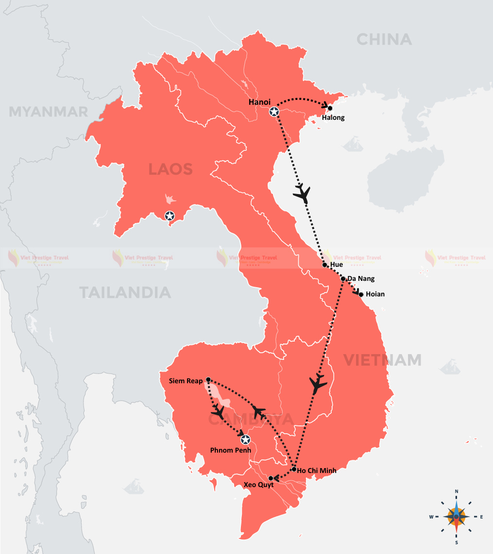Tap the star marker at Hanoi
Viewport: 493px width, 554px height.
tap(274, 112)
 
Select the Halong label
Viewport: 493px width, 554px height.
tap(334, 117)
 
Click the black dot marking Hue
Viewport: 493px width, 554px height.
tap(325, 265)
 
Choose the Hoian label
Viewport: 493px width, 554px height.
tap(375, 294)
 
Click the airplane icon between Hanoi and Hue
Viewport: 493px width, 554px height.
tap(302, 193)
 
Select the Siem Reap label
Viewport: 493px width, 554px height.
tap(187, 381)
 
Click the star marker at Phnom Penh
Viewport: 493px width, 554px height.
tap(246, 440)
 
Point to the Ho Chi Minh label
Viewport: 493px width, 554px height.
tap(317, 470)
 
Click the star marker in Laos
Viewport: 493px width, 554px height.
tap(170, 216)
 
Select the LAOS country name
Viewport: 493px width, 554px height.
tap(170, 169)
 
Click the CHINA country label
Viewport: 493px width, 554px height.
tap(384, 39)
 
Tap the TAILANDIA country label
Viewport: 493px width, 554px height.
tap(125, 293)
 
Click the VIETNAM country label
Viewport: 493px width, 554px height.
tap(382, 360)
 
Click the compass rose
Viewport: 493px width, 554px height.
tap(457, 516)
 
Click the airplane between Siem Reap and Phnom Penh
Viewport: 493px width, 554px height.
tap(218, 412)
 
